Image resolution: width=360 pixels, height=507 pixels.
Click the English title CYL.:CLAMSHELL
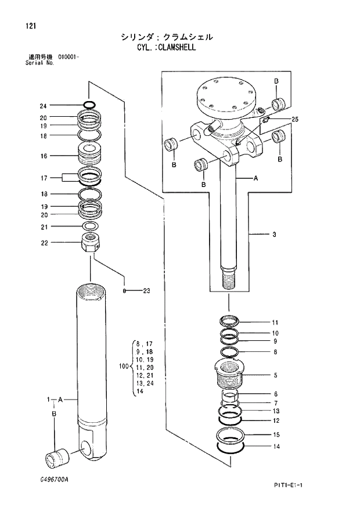[x=163, y=47]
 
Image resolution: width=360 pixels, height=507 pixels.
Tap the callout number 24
[x=43, y=106]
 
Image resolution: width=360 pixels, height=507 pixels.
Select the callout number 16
[x=43, y=156]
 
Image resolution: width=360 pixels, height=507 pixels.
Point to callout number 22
[x=43, y=243]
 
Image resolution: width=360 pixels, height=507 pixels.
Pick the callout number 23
[x=146, y=290]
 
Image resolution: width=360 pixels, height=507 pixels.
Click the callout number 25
[x=294, y=119]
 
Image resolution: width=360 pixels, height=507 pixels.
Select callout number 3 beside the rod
[x=273, y=235]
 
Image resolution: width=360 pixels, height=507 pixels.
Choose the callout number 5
[x=275, y=375]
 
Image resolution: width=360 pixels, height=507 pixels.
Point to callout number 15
[x=276, y=434]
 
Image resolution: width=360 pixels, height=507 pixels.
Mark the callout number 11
[x=275, y=322]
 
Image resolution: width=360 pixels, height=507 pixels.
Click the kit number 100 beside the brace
[x=123, y=366]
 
